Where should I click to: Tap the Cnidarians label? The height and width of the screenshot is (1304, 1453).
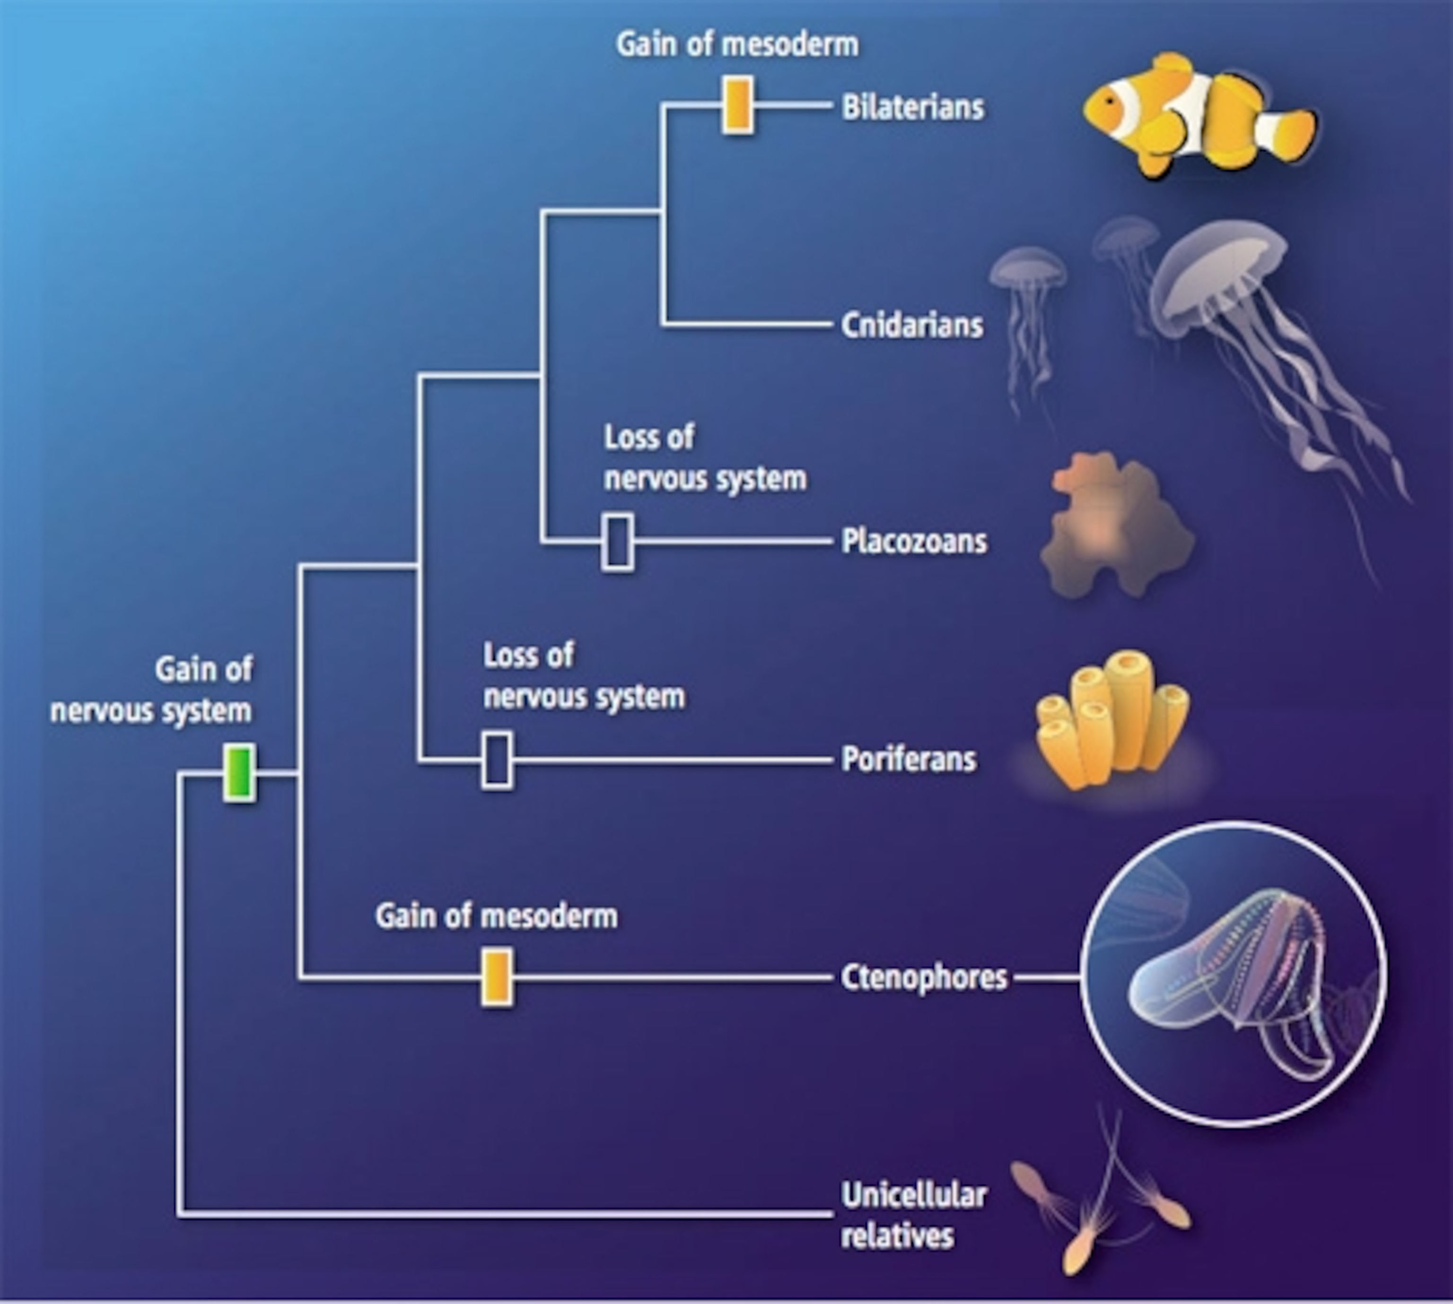[x=911, y=325]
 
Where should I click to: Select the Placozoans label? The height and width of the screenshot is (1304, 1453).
[x=914, y=542]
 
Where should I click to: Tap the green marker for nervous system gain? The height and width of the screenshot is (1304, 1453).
[x=239, y=772]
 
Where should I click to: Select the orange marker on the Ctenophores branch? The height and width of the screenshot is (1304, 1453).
[x=497, y=977]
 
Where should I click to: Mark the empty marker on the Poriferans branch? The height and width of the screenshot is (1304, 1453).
[x=497, y=760]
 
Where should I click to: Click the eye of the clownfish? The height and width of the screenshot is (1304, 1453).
[x=1109, y=100]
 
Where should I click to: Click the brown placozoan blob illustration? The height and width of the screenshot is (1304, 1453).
[x=1115, y=530]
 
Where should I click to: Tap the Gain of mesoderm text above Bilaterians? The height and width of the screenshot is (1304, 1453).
[x=737, y=44]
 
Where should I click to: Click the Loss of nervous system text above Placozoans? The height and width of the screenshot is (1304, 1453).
[x=704, y=458]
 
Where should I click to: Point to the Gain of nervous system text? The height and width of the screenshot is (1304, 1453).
[x=152, y=691]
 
